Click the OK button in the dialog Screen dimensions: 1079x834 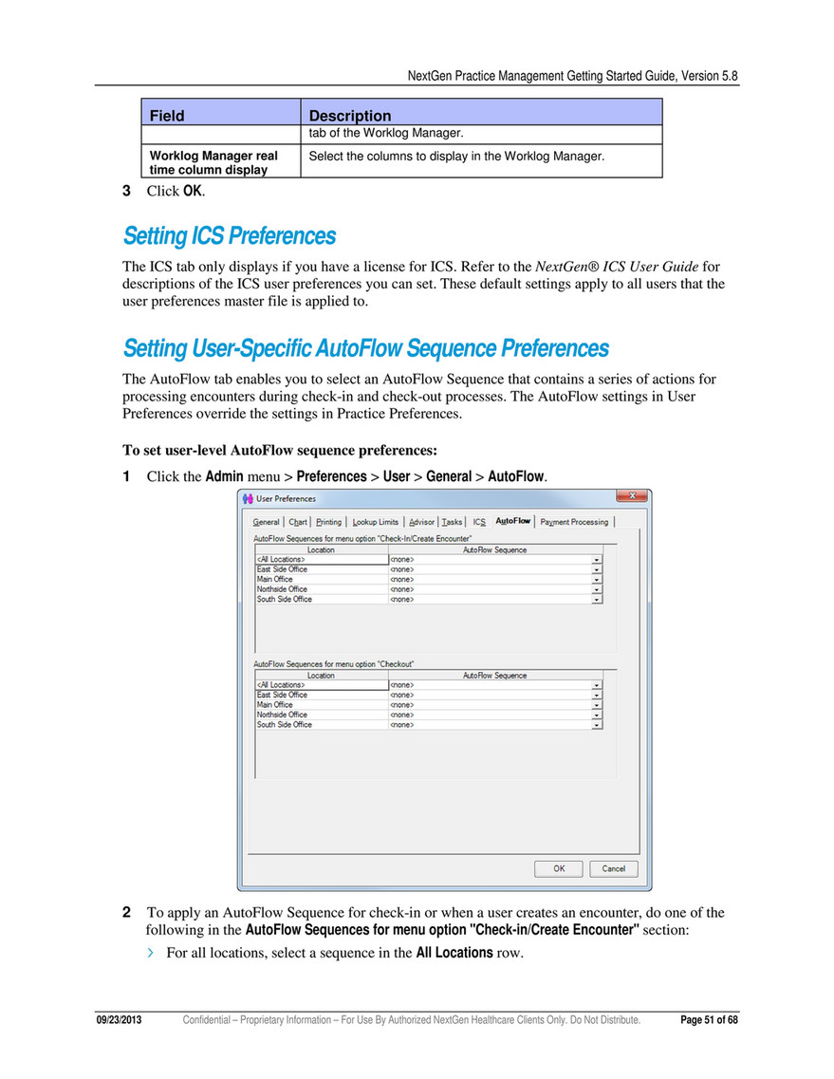click(559, 868)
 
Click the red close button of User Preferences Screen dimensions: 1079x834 click(633, 497)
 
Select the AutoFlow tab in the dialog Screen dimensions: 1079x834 click(512, 521)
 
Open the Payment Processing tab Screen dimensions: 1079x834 click(575, 521)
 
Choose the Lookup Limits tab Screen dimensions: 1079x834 click(375, 521)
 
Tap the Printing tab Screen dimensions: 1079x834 click(328, 521)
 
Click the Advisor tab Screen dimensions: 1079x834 click(421, 521)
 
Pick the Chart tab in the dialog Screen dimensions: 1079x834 click(298, 521)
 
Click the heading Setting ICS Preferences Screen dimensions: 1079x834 click(229, 235)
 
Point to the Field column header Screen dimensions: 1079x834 click(167, 116)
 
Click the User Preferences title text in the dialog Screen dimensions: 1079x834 click(287, 498)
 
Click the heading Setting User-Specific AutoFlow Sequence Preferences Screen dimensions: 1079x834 click(365, 348)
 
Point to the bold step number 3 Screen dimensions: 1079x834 click(127, 191)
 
